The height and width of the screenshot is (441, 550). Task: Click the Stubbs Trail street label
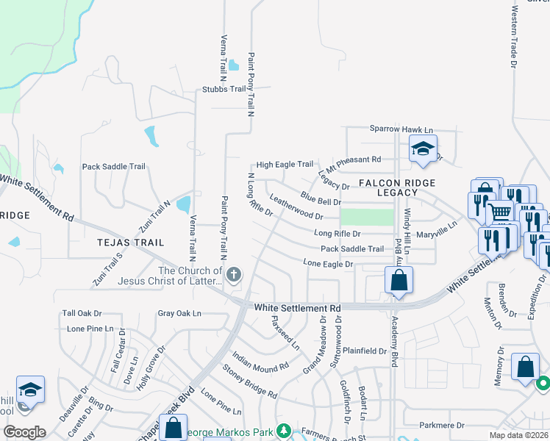(223, 89)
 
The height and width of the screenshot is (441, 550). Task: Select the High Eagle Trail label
(285, 165)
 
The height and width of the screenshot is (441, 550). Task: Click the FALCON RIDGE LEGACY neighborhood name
(397, 187)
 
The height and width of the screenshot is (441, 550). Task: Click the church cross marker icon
(234, 276)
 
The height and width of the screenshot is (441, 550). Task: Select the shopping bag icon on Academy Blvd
(399, 279)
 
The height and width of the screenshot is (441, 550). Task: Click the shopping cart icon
(501, 212)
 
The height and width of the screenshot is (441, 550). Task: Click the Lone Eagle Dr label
(328, 263)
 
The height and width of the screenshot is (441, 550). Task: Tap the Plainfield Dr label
(362, 351)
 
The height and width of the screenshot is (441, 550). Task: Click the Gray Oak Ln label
(179, 314)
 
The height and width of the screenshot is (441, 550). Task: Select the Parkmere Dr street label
(443, 425)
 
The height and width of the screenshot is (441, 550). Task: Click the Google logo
(24, 432)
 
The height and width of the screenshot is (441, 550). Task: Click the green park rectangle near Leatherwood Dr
(367, 218)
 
